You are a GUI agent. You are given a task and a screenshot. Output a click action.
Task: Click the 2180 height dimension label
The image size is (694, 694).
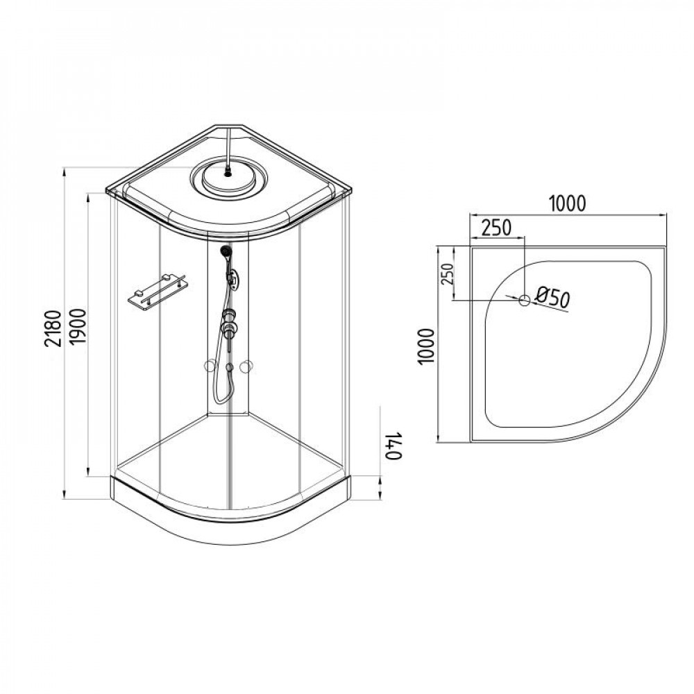tap(53, 328)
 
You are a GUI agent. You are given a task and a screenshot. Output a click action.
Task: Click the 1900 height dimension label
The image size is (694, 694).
tap(78, 328)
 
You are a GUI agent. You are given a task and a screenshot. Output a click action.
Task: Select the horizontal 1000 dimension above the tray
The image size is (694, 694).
tap(568, 203)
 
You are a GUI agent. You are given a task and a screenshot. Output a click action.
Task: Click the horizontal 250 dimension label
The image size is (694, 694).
tap(496, 228)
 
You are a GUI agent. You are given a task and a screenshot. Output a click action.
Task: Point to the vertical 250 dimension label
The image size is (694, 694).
tap(448, 273)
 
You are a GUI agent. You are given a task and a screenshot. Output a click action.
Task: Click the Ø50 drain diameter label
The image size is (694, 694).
tap(552, 298)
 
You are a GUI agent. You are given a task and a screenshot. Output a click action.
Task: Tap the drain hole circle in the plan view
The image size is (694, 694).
tap(525, 301)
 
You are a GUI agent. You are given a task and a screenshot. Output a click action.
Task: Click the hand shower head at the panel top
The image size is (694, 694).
tap(226, 252)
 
